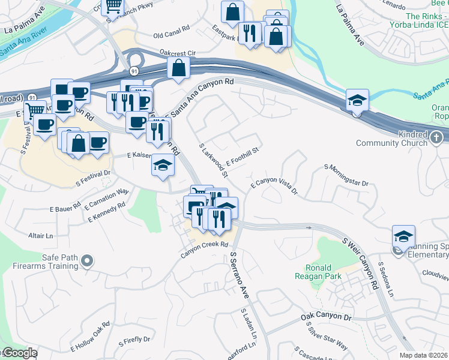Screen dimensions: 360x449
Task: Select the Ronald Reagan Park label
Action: click(x=318, y=272)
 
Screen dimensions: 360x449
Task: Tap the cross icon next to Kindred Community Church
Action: click(x=437, y=137)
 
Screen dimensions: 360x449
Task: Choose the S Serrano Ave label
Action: click(x=239, y=276)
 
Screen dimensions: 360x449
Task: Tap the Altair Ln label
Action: click(x=40, y=235)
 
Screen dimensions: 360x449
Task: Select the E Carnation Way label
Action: click(x=107, y=199)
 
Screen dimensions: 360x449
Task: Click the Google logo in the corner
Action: click(x=19, y=353)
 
